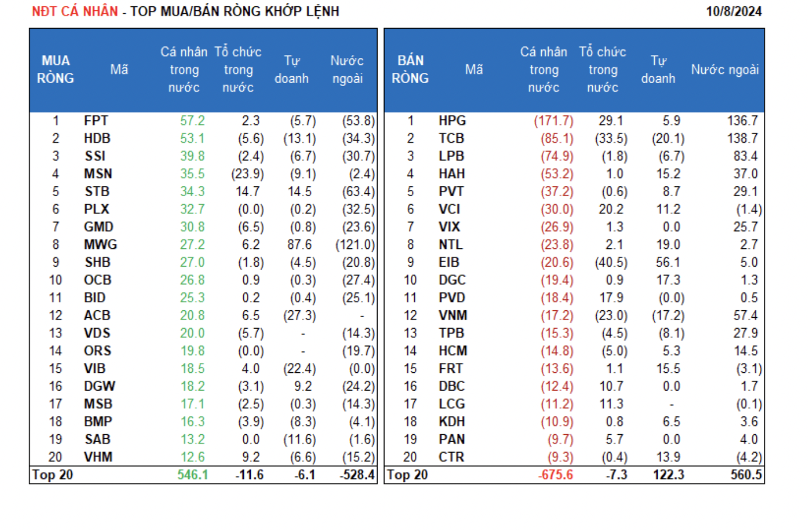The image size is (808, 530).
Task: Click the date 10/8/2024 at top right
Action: point(733,11)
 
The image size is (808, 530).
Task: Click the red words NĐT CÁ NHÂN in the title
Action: point(75,11)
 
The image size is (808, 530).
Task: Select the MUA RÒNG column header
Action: point(56,69)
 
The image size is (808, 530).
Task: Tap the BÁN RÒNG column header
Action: point(410,69)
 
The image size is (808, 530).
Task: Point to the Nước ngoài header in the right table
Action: point(725,69)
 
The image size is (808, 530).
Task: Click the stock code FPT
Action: point(96,121)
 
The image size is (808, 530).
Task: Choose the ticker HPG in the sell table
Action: point(452,121)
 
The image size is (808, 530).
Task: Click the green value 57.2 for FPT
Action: point(192,121)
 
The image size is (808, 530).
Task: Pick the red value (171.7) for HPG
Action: point(553,121)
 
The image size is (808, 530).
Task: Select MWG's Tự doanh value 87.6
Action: point(300,245)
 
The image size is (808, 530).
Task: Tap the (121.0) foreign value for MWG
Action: point(355,245)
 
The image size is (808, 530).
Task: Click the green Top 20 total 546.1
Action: point(192,475)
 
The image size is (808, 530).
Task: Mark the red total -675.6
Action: point(555,475)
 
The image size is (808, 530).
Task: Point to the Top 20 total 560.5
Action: point(746,475)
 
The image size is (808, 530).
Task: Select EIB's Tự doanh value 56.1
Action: point(669,263)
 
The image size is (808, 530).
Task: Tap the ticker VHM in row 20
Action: point(98,457)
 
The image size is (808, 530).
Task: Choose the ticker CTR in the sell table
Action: point(451,457)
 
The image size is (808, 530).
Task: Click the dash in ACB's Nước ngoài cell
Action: point(362,316)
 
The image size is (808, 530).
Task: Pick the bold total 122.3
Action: point(669,475)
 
